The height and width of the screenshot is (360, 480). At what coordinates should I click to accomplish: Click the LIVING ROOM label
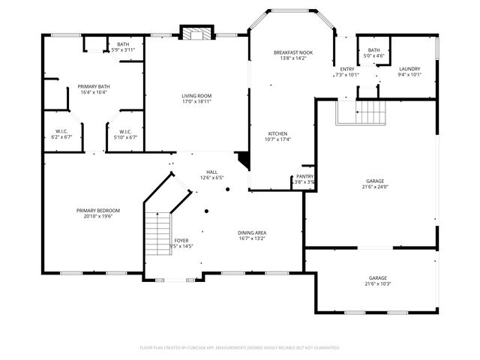(x=196, y=95)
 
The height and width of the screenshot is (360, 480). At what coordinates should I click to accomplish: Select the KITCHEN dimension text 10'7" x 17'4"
(x=277, y=139)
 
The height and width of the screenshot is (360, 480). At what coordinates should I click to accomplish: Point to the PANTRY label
(x=304, y=176)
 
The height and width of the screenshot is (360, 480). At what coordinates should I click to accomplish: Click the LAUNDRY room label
(x=409, y=68)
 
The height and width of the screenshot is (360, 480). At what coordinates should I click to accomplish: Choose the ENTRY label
(x=346, y=68)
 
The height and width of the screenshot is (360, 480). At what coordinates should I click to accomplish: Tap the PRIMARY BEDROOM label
(x=97, y=210)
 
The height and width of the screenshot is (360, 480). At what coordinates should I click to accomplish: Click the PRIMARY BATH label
(x=94, y=86)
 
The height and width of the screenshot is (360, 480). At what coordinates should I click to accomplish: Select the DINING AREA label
(x=252, y=232)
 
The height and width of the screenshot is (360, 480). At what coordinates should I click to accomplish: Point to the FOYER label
(x=181, y=240)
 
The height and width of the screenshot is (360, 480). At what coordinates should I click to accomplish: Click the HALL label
(x=212, y=172)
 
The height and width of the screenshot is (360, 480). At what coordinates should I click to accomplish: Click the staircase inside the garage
(x=361, y=114)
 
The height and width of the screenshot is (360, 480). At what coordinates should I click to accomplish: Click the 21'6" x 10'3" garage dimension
(x=378, y=283)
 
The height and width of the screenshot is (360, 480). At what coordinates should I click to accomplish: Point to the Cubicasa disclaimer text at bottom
(x=240, y=348)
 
